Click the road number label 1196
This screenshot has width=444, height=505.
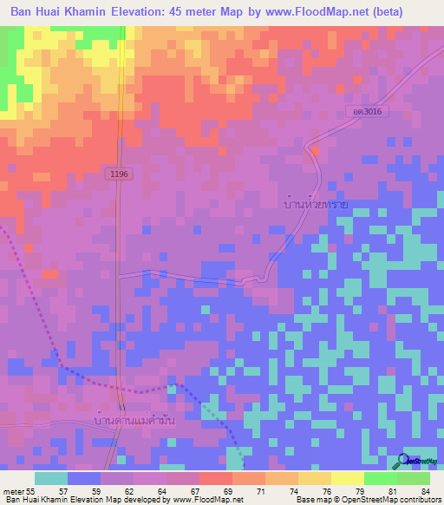(x=119, y=174)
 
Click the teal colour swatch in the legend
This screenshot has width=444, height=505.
(x=51, y=478)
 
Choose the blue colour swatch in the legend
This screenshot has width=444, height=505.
(x=84, y=478)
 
